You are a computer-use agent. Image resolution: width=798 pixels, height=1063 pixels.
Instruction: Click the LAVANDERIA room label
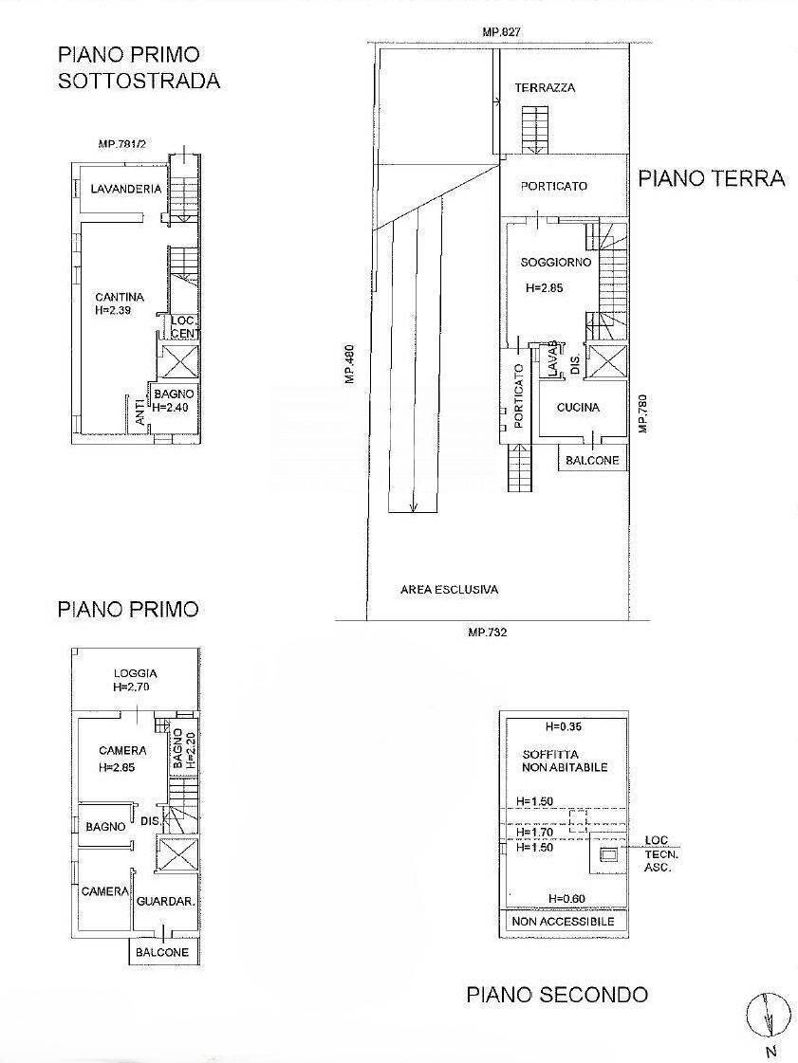pyautogui.click(x=125, y=190)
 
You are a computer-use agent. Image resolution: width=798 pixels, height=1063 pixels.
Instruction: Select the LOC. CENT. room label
pyautogui.click(x=183, y=326)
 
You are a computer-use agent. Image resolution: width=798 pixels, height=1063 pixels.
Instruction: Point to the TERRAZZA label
pyautogui.click(x=545, y=88)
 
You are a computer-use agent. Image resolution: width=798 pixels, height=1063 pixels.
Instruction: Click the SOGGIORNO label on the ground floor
pyautogui.click(x=556, y=262)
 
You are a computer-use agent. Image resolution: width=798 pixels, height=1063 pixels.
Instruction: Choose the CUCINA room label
pyautogui.click(x=578, y=408)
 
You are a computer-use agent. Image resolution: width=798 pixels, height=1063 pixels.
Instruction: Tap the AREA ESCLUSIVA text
pyautogui.click(x=449, y=590)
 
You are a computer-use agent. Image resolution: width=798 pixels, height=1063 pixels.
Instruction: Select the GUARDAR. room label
pyautogui.click(x=166, y=902)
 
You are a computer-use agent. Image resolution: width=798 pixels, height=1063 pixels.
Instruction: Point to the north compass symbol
pyautogui.click(x=768, y=1017)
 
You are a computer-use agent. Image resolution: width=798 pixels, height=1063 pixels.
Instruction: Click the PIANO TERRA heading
pyautogui.click(x=711, y=178)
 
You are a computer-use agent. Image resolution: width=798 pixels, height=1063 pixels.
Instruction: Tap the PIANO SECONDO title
pyautogui.click(x=557, y=995)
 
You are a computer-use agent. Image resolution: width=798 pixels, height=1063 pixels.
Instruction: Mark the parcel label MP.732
pyautogui.click(x=487, y=632)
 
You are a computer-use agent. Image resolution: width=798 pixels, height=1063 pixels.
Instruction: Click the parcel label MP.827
pyautogui.click(x=501, y=32)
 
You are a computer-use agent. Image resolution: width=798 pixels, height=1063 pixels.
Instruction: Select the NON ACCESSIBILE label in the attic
pyautogui.click(x=563, y=921)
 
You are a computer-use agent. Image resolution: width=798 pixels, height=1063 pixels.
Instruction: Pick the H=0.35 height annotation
pyautogui.click(x=564, y=727)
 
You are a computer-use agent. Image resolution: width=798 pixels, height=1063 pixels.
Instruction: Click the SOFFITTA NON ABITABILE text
pyautogui.click(x=564, y=761)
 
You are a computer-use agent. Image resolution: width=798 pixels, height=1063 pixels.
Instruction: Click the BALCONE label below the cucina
pyautogui.click(x=592, y=461)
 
